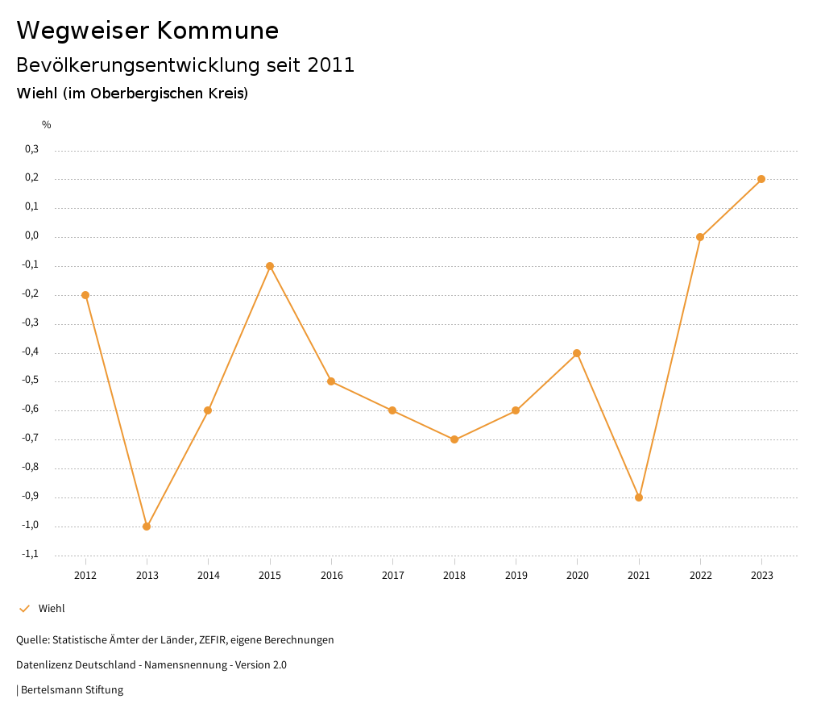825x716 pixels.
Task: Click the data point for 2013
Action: [x=147, y=527]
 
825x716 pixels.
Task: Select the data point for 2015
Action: [x=270, y=266]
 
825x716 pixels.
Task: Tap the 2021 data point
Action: [x=639, y=497]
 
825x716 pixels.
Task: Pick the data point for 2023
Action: [x=761, y=179]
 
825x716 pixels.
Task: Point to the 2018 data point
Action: [x=454, y=439]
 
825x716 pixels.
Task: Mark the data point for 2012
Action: [x=85, y=295]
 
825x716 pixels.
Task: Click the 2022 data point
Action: [x=700, y=237]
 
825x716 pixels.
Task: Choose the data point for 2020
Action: [x=577, y=353]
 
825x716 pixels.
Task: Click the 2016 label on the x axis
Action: [x=331, y=575]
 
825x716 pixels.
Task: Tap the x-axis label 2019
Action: [x=516, y=575]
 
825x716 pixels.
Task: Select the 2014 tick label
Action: [x=208, y=575]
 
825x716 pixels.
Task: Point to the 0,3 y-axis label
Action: [x=31, y=149]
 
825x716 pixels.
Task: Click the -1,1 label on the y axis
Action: [x=30, y=554]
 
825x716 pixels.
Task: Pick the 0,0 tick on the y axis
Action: [x=31, y=235]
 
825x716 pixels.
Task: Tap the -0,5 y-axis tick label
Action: [x=30, y=381]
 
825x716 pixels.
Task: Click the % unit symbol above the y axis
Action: [x=47, y=125]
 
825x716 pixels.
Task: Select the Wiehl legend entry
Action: [x=52, y=609]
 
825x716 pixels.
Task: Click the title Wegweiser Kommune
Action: [x=147, y=31]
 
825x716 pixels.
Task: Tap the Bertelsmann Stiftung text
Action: [x=72, y=690]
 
